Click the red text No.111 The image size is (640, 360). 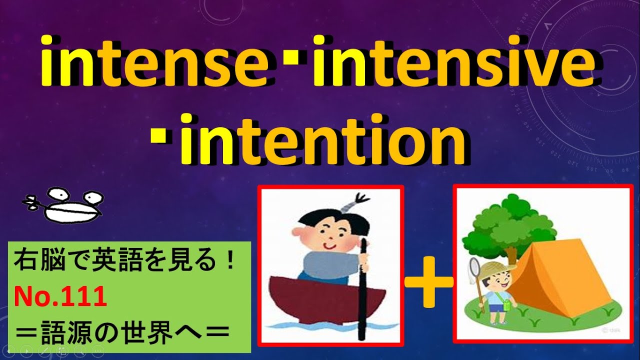point(60,298)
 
